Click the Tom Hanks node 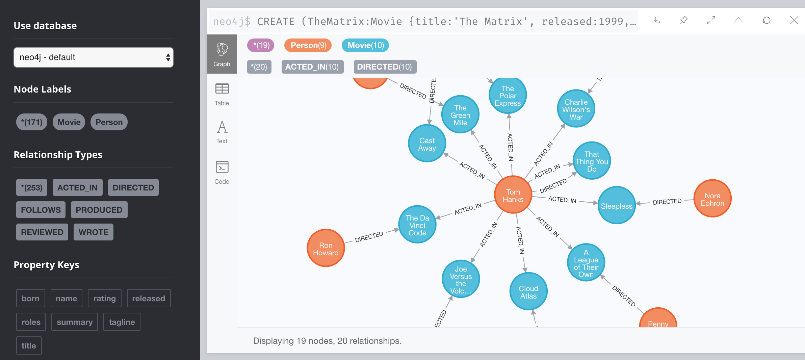(x=513, y=195)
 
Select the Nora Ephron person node (x=712, y=199)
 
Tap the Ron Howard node (x=326, y=249)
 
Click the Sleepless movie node (x=616, y=206)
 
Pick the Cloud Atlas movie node (x=528, y=292)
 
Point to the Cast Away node (x=427, y=144)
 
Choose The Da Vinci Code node (x=417, y=225)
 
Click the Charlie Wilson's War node (x=576, y=109)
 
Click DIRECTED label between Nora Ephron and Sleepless (x=667, y=202)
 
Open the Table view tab (x=222, y=94)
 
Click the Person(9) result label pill (x=308, y=45)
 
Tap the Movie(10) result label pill (x=365, y=45)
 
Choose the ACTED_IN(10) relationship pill (x=312, y=67)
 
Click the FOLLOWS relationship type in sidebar (x=41, y=210)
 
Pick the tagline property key (x=122, y=322)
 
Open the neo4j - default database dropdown (x=93, y=57)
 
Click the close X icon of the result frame (x=794, y=21)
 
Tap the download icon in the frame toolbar (x=655, y=21)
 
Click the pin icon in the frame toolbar (x=683, y=21)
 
